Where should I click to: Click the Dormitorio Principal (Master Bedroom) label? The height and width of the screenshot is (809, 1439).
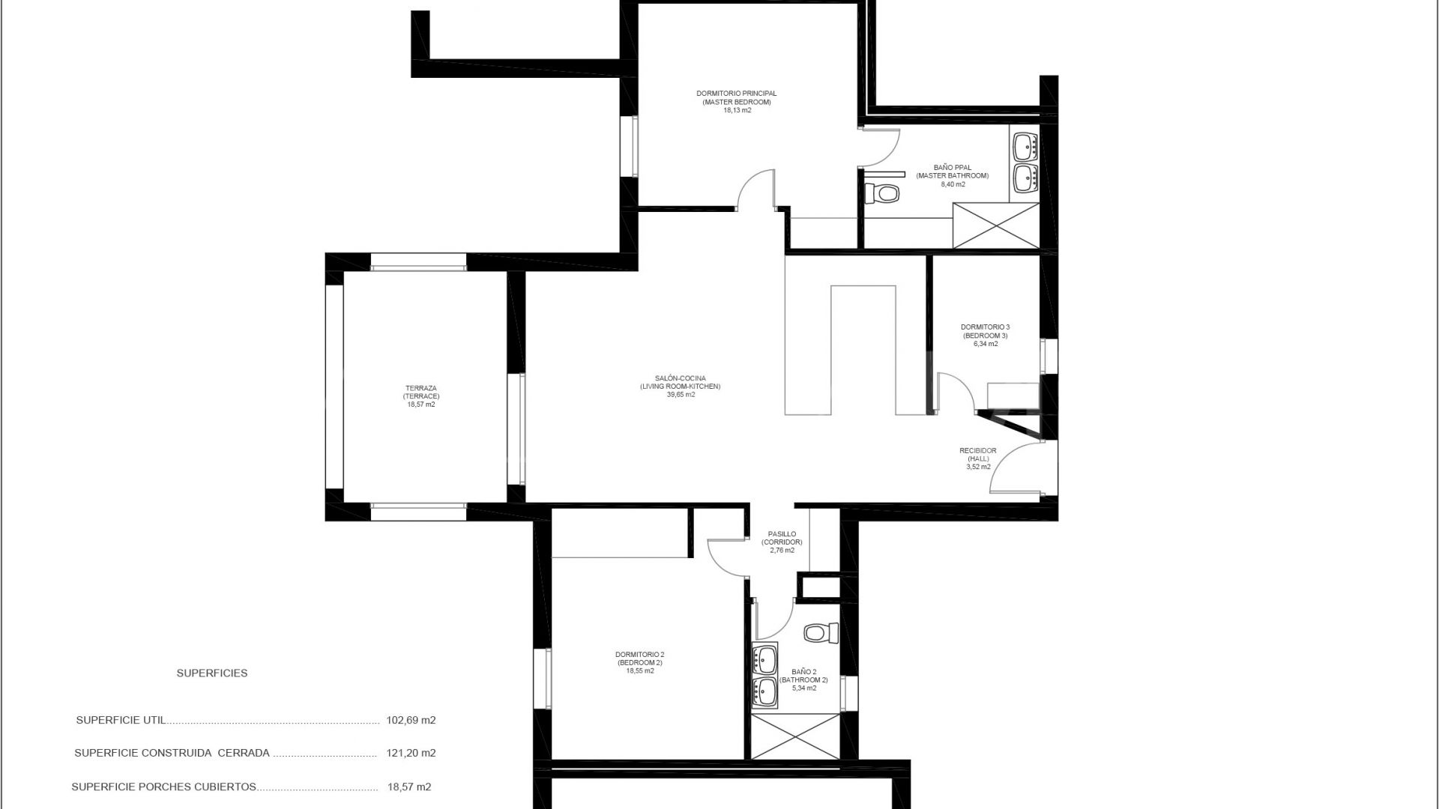point(737,97)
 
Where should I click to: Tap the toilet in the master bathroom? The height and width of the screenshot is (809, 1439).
point(885,194)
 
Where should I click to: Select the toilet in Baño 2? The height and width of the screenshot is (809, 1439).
point(822,633)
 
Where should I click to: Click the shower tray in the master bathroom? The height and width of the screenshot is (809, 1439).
point(995,225)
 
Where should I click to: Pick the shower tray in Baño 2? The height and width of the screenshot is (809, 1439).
point(795,736)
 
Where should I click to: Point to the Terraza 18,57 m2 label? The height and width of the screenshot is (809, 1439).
point(420,404)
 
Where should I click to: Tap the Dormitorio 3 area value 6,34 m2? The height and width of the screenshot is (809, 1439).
point(985,345)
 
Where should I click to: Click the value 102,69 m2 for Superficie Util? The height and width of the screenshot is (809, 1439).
point(411,721)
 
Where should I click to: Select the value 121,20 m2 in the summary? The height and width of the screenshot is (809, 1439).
point(411,754)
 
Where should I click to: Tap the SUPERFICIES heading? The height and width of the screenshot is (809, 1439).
point(212,673)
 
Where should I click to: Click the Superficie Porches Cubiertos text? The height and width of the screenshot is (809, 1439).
point(164,787)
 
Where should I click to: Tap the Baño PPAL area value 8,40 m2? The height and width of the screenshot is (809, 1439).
point(953,184)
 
